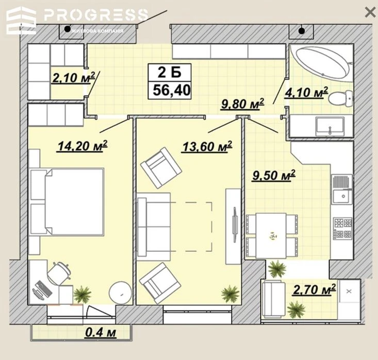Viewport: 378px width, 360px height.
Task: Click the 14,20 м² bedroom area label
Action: (83, 146)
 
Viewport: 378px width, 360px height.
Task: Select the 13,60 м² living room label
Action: (207, 146)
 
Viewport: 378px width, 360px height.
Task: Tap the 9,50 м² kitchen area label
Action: (274, 175)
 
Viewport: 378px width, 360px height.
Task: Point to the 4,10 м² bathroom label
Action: (306, 92)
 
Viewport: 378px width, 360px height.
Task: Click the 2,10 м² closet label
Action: (73, 77)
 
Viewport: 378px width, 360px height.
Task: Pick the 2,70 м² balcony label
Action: (315, 289)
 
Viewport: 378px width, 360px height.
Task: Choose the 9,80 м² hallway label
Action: (243, 104)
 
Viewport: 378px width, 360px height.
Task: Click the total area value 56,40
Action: (172, 90)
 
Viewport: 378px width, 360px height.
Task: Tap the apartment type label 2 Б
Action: (170, 72)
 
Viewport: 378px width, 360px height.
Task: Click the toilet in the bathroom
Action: (340, 98)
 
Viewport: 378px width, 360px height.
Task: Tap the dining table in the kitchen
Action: (271, 235)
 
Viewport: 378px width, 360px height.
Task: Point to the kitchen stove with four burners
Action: (342, 228)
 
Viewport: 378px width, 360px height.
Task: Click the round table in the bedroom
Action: (120, 293)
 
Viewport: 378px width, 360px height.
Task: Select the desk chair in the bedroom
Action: (59, 273)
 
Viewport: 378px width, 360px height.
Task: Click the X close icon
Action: (370, 12)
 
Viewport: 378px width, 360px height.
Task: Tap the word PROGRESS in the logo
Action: (96, 14)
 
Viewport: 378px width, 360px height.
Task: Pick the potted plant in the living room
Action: (230, 294)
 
